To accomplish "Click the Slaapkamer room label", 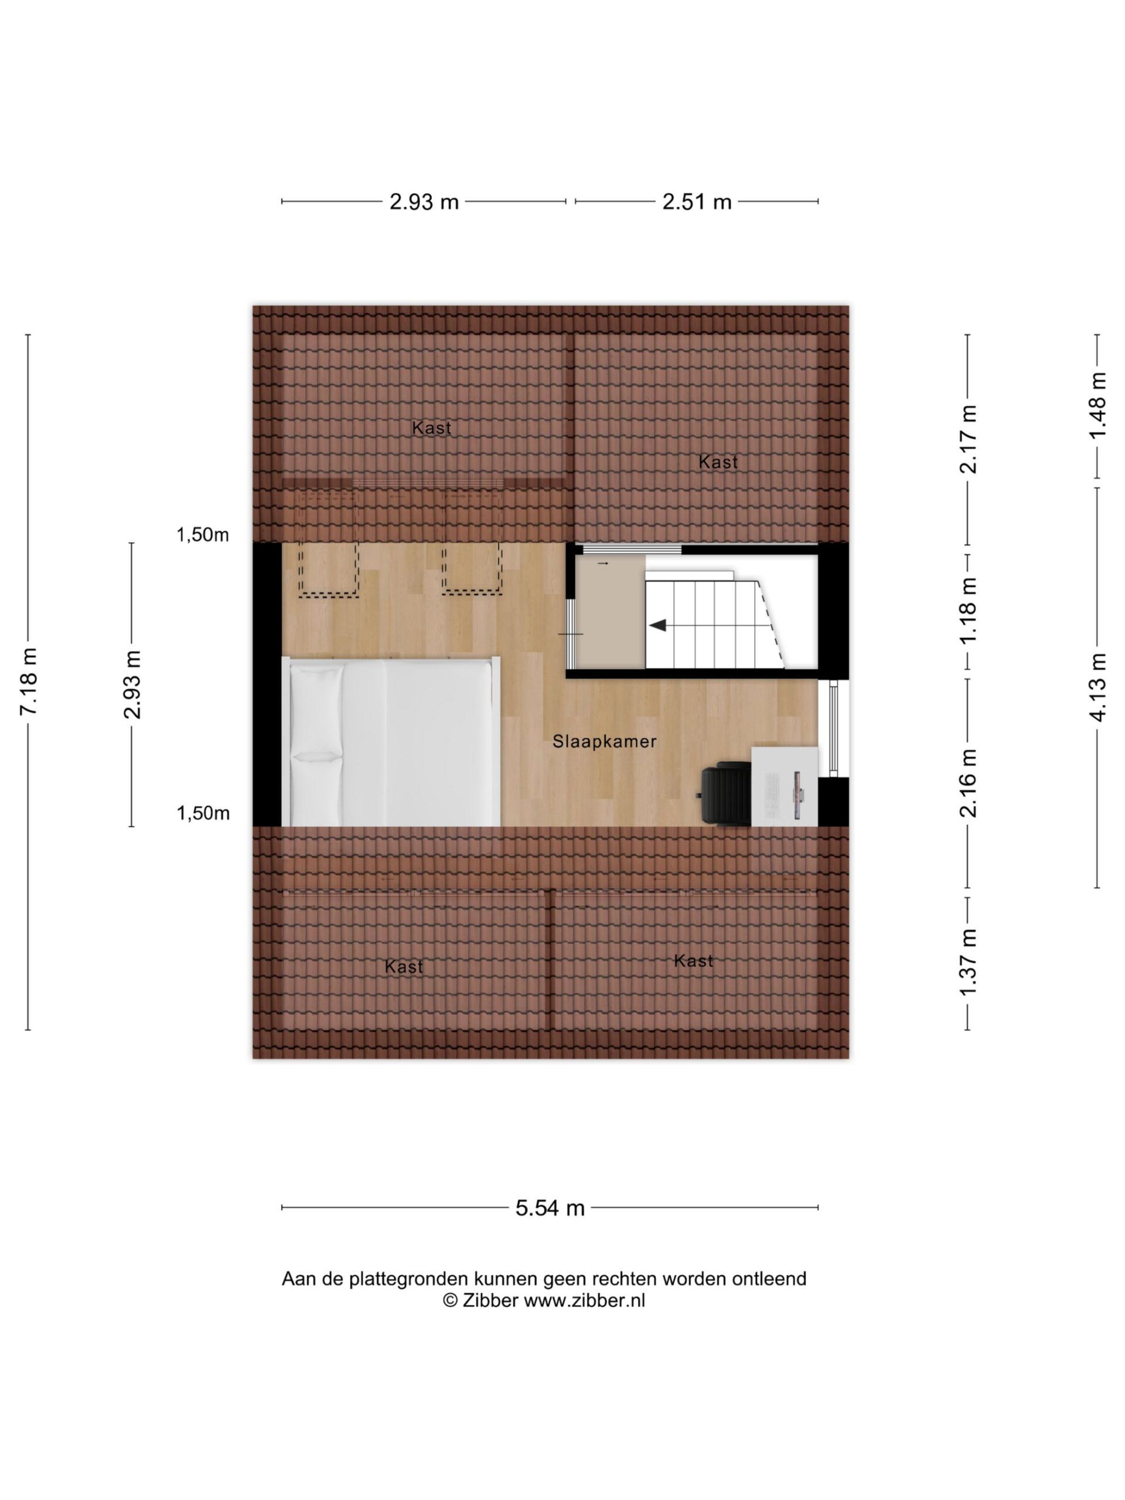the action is (x=604, y=741).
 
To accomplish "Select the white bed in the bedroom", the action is (x=391, y=741).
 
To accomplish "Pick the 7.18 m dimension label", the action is (x=29, y=681).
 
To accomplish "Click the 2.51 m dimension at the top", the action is (x=697, y=202).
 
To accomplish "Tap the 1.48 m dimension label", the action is (x=1098, y=405).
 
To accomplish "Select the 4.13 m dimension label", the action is (x=1098, y=686).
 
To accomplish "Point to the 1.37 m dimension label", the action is (x=968, y=962).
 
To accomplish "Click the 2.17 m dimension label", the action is (x=968, y=439).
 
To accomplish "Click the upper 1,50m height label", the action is (x=203, y=535).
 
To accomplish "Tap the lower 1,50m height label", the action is (x=203, y=813).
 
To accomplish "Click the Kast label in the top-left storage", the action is (x=431, y=428).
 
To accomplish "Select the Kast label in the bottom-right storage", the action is (x=693, y=961).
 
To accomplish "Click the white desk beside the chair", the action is (x=785, y=786).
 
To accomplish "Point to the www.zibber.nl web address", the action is (x=585, y=1300).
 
